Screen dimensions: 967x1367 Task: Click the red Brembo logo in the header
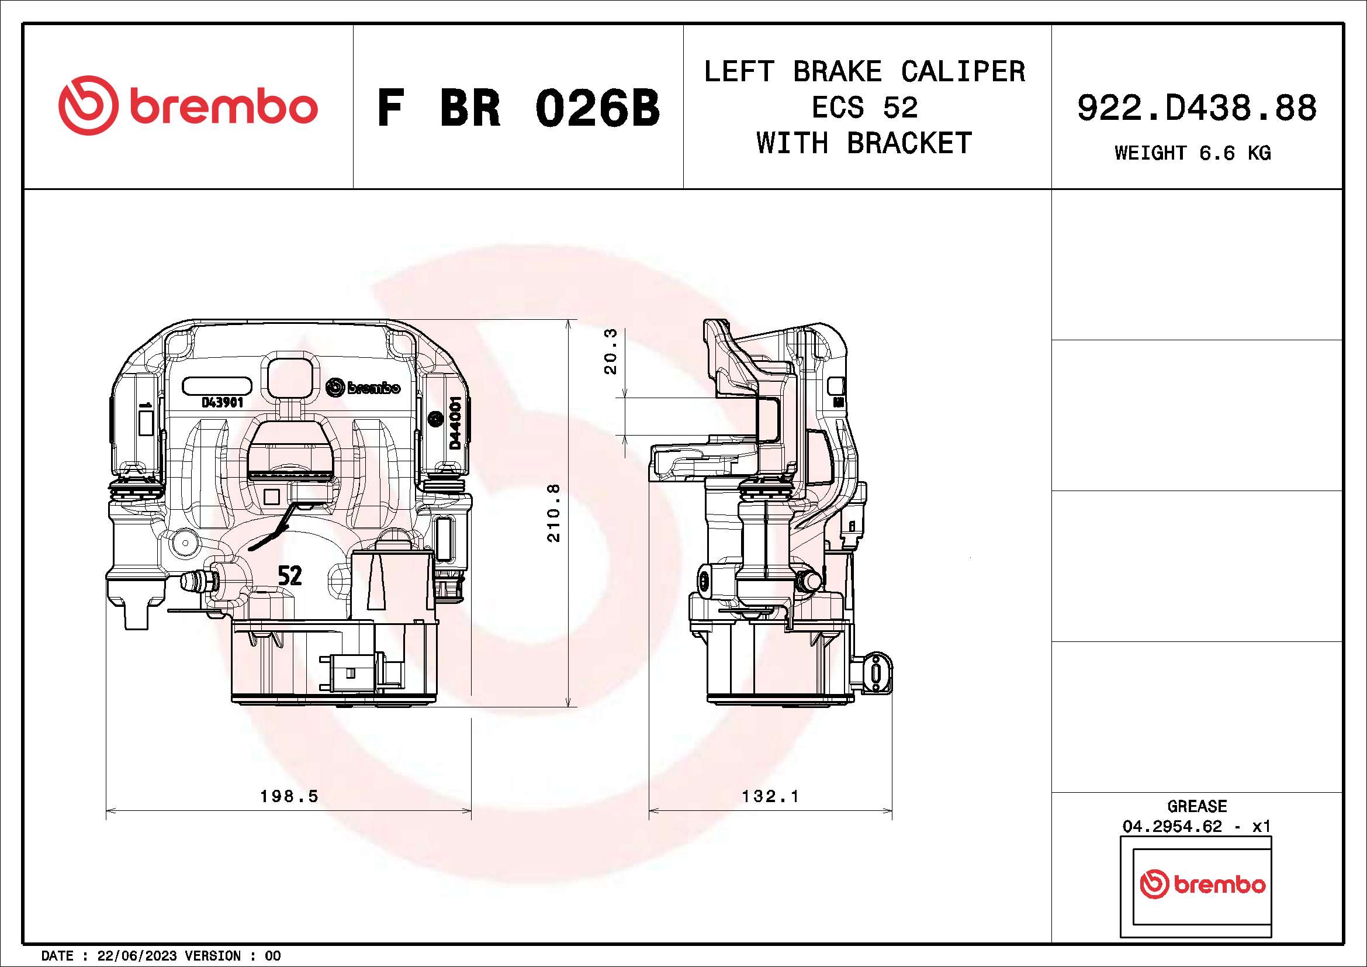[188, 106]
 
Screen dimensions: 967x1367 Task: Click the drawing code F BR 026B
[518, 108]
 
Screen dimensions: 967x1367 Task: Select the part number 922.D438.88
[1197, 108]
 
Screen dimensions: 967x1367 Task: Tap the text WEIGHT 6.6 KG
[1193, 153]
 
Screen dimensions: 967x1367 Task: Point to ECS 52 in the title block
[864, 108]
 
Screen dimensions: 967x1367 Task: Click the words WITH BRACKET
[864, 143]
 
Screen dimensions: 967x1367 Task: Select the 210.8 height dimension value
[553, 513]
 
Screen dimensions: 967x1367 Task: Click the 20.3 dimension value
[611, 351]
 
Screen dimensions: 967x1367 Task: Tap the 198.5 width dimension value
[289, 796]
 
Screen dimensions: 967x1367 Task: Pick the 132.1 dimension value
[770, 796]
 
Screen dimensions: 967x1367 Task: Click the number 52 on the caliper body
[290, 575]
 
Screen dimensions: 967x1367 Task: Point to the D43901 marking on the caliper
[222, 402]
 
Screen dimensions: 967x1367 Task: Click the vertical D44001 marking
[455, 423]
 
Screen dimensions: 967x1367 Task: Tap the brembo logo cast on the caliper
[363, 388]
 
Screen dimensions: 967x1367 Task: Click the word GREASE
[1197, 806]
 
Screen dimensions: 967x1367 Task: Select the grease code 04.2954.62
[1172, 827]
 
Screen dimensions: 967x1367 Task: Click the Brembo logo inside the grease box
[1202, 884]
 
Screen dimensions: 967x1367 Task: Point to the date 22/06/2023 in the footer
[137, 956]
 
